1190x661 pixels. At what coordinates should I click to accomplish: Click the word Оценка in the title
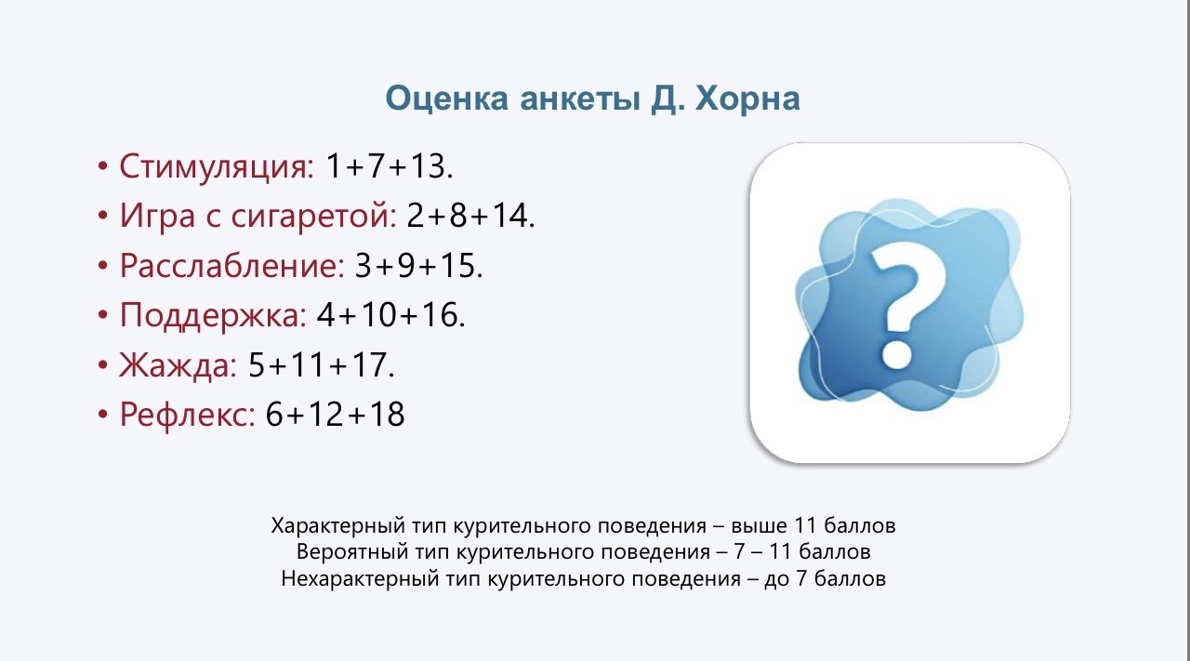[x=447, y=99]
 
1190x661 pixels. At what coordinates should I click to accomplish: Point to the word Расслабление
[x=232, y=265]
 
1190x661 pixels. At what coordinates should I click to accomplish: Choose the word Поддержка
[x=213, y=315]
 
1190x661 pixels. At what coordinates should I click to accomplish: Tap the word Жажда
[x=178, y=364]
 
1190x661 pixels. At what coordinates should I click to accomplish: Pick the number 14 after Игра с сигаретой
[x=510, y=216]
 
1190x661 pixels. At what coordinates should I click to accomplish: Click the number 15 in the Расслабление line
[x=458, y=265]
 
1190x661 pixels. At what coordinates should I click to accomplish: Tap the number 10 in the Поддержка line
[x=378, y=314]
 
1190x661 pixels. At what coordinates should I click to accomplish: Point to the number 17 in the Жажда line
[x=369, y=364]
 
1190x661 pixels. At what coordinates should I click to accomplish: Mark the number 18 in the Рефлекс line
[x=387, y=415]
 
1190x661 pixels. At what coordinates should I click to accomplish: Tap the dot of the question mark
[x=897, y=353]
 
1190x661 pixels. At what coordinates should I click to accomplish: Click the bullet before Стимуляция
[x=102, y=166]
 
